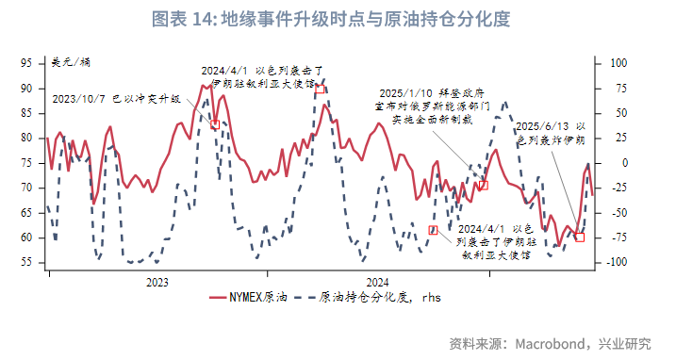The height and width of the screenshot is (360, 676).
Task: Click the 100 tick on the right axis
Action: tap(615, 63)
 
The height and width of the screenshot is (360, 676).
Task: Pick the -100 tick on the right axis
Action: tap(615, 262)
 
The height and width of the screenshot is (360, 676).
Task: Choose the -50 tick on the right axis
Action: tap(615, 212)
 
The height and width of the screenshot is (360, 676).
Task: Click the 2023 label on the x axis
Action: tap(157, 281)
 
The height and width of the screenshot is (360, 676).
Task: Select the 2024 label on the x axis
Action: tap(377, 281)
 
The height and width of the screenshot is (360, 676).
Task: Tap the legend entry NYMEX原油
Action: tap(247, 297)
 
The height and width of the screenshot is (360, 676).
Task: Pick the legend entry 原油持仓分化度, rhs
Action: tap(382, 297)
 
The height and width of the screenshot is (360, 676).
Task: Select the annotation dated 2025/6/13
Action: tap(553, 132)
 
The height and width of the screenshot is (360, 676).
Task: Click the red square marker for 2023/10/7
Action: tap(215, 124)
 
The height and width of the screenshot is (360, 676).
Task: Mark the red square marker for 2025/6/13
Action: tap(580, 237)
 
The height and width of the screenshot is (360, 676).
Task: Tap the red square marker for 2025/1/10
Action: tap(484, 186)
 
